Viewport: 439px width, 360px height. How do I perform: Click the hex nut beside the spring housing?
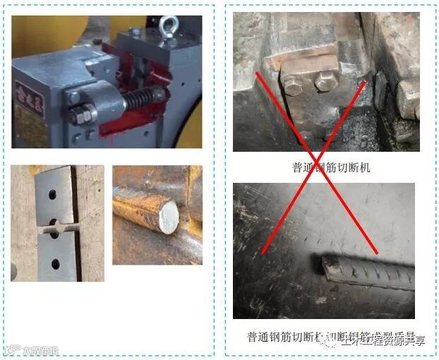[80, 113]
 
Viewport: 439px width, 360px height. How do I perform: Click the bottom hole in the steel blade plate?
[54, 265]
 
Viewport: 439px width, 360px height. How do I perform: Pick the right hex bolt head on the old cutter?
[325, 81]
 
